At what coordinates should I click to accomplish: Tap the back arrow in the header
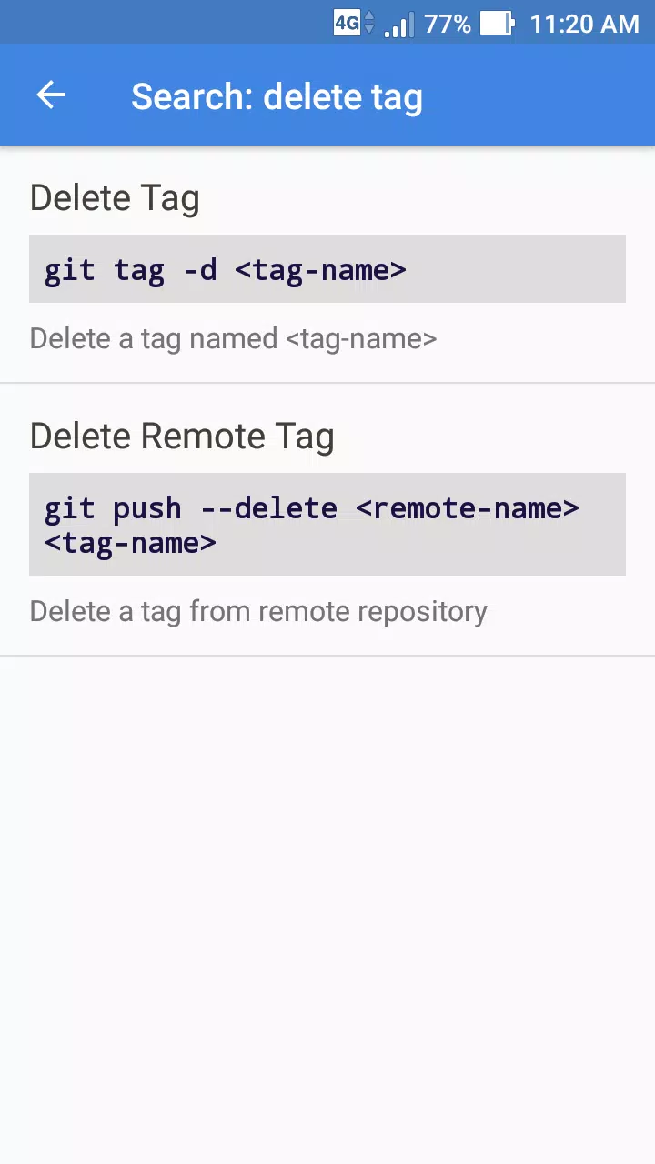(51, 95)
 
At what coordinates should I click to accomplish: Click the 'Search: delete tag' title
(277, 97)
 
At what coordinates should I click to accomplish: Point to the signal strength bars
(399, 25)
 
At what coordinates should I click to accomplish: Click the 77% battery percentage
(448, 24)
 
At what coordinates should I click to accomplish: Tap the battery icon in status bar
(498, 24)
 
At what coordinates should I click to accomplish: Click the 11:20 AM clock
(584, 24)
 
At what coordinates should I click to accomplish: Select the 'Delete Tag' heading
(115, 198)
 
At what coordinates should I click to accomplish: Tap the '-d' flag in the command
(200, 270)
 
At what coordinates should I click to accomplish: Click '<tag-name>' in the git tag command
(320, 271)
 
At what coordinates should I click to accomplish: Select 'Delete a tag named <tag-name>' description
(233, 339)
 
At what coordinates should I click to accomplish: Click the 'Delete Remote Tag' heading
(182, 436)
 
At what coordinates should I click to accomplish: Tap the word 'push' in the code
(147, 508)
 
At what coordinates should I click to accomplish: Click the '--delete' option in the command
(269, 508)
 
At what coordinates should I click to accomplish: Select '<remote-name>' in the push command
(468, 508)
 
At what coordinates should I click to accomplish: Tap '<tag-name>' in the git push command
(130, 544)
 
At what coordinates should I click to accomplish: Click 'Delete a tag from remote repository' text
(258, 612)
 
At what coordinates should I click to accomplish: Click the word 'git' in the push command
(70, 508)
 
